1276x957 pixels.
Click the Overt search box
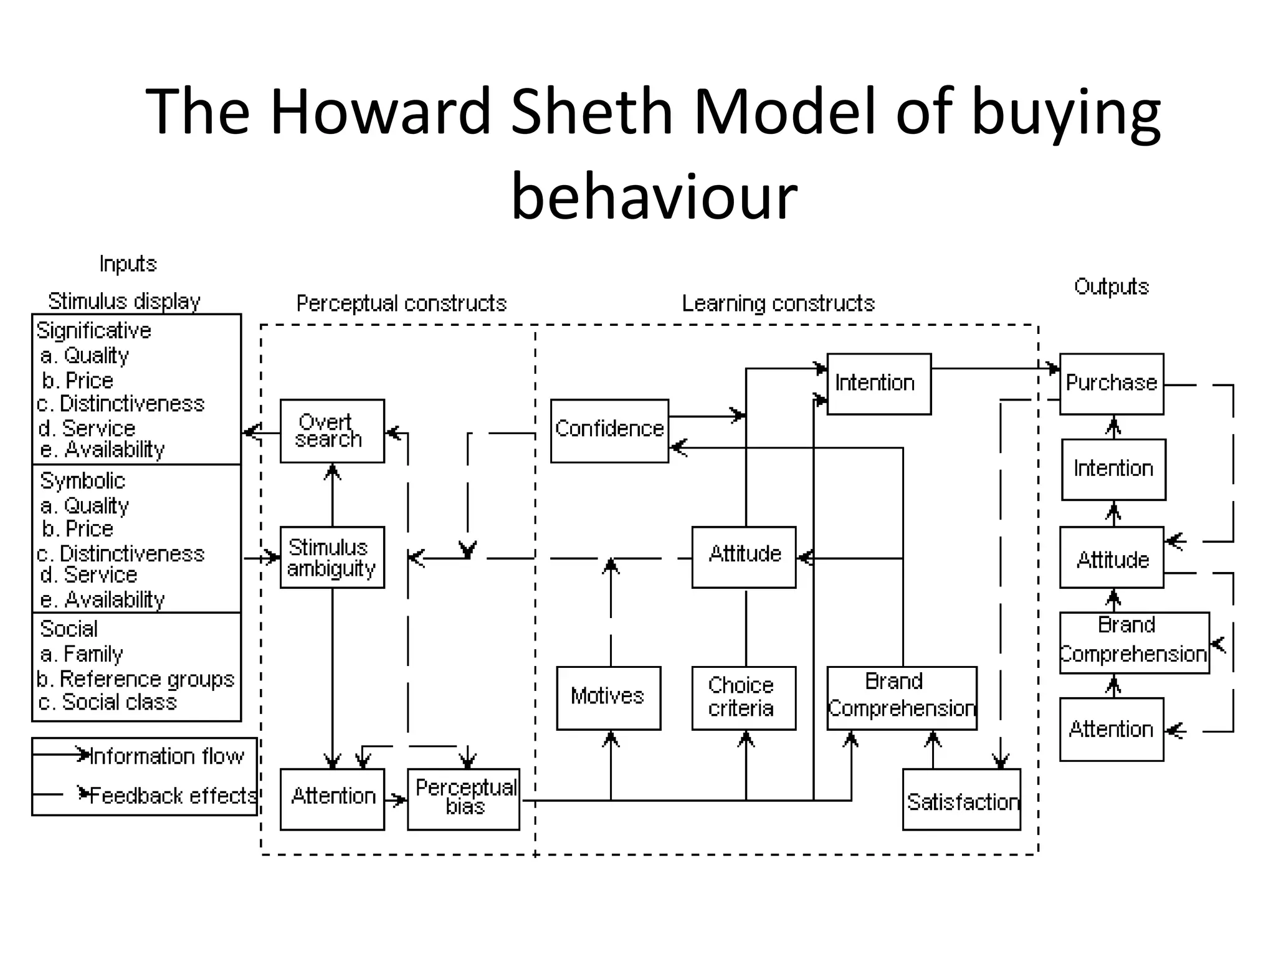(331, 431)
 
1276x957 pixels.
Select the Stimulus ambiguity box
(331, 557)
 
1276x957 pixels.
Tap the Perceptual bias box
(463, 799)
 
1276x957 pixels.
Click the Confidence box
(609, 431)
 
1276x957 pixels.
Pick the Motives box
(608, 697)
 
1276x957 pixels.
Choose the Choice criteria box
(743, 697)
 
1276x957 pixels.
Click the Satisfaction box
(961, 799)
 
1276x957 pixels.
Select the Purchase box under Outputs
(1111, 383)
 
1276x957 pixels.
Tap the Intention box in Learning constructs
(878, 383)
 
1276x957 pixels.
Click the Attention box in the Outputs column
(1111, 729)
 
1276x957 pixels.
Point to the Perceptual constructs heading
(401, 303)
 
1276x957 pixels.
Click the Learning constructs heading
(778, 303)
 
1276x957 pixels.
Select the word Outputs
(1111, 287)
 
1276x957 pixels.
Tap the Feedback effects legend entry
(172, 796)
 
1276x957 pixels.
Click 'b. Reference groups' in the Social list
(135, 678)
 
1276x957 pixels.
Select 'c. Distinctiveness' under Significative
(120, 404)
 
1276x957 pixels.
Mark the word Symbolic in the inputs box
(82, 480)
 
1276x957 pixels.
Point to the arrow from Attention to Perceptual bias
(396, 800)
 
